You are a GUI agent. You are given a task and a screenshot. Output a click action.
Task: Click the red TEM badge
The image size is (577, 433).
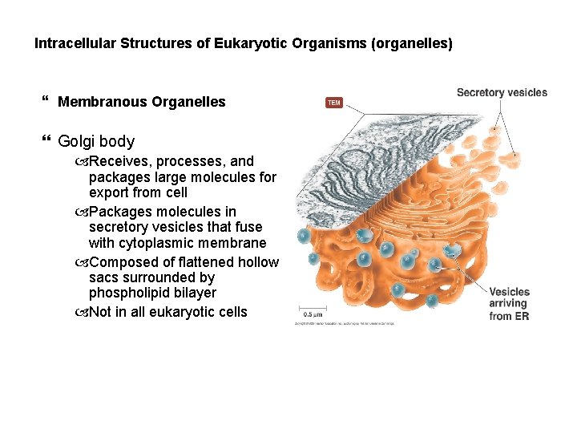[x=333, y=103]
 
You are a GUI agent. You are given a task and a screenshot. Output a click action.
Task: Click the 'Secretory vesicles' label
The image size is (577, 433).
[x=502, y=92]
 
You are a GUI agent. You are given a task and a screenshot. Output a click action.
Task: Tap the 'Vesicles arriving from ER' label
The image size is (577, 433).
[x=509, y=304]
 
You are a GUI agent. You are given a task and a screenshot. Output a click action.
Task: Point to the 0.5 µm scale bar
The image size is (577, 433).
[x=313, y=313]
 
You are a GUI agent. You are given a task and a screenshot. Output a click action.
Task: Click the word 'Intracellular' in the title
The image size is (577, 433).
[x=75, y=43]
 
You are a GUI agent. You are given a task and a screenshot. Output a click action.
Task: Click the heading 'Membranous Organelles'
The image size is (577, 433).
[x=142, y=102]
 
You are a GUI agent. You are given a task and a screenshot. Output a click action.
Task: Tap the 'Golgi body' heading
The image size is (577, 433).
[x=96, y=142]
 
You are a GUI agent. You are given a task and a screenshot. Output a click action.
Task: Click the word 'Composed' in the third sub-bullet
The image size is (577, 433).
[x=123, y=262]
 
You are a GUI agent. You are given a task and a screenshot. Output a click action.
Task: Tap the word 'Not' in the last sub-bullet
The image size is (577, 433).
[x=101, y=312]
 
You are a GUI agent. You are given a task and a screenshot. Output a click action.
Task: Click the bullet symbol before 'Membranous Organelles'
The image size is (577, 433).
[x=44, y=101]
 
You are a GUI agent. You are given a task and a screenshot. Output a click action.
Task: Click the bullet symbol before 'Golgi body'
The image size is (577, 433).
[x=44, y=141]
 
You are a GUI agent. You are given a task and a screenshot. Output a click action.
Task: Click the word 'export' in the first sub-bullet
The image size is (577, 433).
[x=108, y=192]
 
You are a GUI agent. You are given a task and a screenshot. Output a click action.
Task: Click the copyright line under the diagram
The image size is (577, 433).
[x=344, y=323]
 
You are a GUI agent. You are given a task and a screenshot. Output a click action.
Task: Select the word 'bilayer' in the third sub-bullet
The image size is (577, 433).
[x=193, y=293]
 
